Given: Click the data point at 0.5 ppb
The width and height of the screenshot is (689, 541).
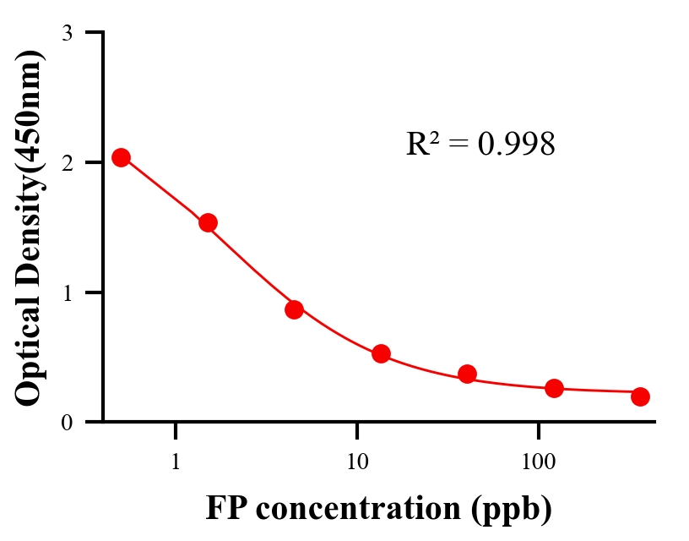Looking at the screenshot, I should pos(121,157).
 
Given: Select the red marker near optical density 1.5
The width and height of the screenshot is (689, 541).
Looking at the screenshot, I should pos(208,222).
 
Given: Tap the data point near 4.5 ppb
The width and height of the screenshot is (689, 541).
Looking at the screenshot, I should pos(294,309).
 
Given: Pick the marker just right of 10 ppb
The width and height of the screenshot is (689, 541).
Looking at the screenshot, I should pos(381,353).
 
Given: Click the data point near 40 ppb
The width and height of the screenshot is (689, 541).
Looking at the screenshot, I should pos(467,374).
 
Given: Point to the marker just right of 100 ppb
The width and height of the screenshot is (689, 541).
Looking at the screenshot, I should pos(554,388).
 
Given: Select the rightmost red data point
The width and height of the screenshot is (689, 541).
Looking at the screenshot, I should pos(640,396).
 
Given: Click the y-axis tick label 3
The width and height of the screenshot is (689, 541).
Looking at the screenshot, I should pos(67,33).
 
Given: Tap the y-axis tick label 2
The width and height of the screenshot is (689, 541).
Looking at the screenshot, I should pos(67,162).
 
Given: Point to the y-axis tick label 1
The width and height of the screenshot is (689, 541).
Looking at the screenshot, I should pos(67,292).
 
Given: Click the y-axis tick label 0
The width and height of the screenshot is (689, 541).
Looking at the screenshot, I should pos(67,422).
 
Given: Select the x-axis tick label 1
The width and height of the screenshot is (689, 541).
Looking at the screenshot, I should pos(176,462).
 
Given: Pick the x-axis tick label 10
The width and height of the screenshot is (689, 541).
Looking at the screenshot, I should pos(357,462).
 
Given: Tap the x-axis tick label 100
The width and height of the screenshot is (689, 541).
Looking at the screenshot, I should pos(539,462).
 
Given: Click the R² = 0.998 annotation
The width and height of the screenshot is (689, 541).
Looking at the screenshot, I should pos(480,145).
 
